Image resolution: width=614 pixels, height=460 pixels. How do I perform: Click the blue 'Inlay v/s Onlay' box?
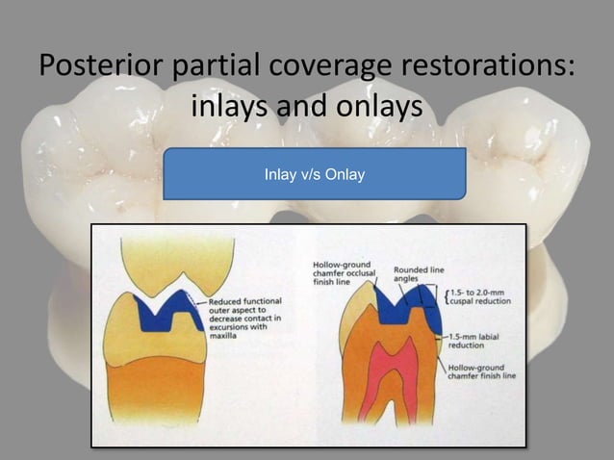314,174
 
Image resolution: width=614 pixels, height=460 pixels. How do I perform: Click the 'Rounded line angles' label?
419,272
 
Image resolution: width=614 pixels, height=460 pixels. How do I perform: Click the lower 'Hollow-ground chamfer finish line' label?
481,370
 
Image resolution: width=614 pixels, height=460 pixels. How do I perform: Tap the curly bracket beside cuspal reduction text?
448,294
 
